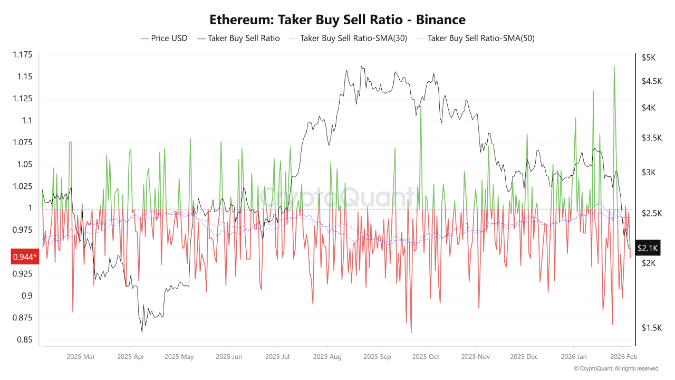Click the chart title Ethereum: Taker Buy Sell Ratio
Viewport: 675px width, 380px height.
(x=337, y=20)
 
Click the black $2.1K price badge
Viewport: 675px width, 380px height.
(x=647, y=248)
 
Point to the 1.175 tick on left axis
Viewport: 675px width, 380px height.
(x=22, y=55)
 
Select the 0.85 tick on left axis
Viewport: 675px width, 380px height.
(x=24, y=339)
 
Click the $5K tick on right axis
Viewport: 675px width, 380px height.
(x=649, y=58)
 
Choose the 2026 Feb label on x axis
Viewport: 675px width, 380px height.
(x=623, y=357)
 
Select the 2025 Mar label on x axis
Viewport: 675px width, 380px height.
(x=81, y=357)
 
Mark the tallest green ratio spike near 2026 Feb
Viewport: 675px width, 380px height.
(x=614, y=66)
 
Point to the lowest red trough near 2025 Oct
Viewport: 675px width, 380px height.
(x=411, y=332)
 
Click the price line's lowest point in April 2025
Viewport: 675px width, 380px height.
(x=142, y=332)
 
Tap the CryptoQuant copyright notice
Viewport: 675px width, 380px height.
(x=615, y=368)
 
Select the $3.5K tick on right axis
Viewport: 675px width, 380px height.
(x=652, y=138)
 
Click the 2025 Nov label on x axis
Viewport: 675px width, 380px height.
(x=475, y=357)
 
